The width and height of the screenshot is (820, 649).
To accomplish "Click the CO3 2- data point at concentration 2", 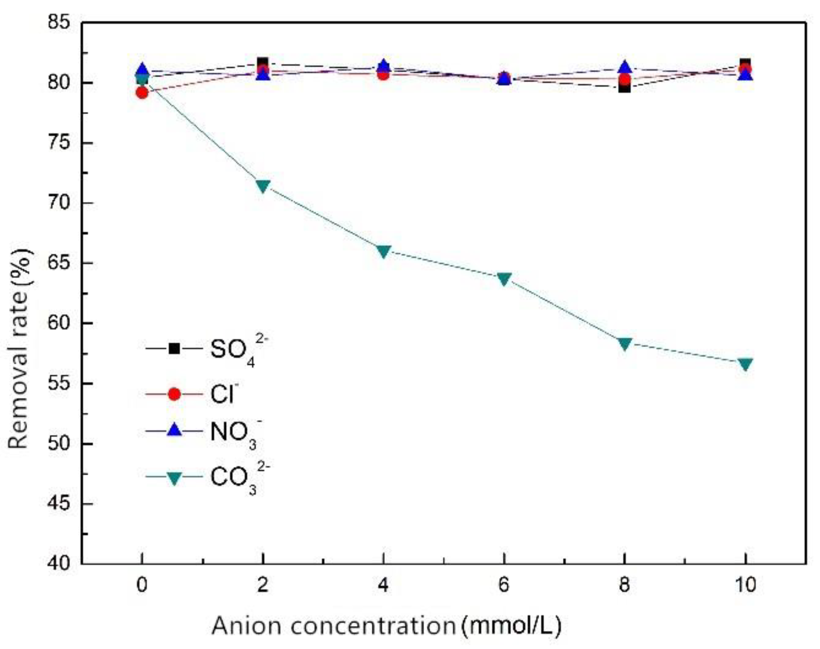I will tap(263, 185).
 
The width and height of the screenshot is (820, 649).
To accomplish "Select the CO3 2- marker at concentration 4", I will tap(383, 251).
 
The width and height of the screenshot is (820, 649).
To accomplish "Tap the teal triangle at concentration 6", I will tap(504, 278).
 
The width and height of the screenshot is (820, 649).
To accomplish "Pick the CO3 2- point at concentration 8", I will tap(625, 343).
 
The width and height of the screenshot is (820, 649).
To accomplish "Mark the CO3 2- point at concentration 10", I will tap(746, 363).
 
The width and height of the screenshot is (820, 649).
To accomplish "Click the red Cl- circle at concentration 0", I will tap(142, 93).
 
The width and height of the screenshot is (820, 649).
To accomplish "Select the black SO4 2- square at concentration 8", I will tap(625, 87).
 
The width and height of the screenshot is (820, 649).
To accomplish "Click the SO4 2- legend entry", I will tap(207, 349).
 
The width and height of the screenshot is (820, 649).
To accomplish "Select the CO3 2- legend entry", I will tap(207, 477).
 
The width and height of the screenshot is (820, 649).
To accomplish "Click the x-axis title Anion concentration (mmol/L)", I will tap(386, 626).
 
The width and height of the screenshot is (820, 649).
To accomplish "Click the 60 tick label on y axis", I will tap(61, 323).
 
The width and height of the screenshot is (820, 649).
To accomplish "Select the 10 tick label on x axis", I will tap(746, 585).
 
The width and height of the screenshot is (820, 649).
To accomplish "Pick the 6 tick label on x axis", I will tap(504, 585).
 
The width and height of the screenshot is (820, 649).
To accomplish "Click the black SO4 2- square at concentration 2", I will tap(263, 62).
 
